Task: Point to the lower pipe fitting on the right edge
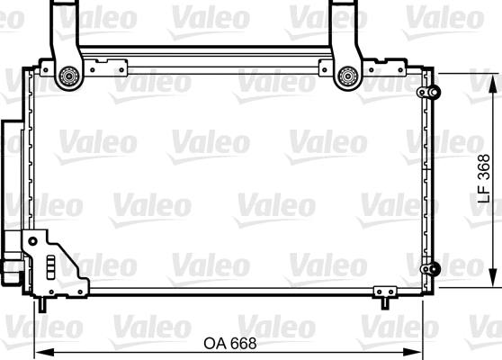point(433,267)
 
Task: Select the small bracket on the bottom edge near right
point(384,292)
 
